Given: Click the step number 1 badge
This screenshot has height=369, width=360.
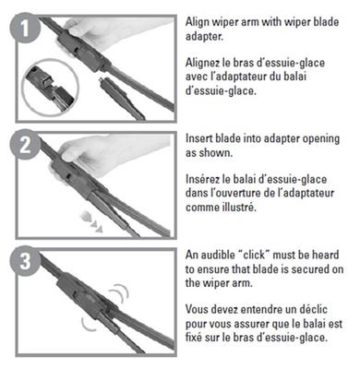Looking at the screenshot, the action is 25,28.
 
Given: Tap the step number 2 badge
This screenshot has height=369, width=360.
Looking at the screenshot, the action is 25,145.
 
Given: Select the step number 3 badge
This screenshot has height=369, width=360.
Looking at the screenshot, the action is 25,261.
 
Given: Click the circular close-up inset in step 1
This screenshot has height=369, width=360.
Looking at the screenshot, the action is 51,87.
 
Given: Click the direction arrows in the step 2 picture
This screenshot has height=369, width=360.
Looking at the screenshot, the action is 91,222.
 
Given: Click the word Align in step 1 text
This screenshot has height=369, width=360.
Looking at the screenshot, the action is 198,23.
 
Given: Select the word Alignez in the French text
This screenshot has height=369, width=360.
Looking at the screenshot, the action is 202,63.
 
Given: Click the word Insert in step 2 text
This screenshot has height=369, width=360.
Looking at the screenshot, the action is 198,138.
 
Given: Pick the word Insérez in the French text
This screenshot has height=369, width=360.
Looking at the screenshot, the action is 201,179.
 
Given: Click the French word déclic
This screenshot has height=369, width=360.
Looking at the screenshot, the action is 314,309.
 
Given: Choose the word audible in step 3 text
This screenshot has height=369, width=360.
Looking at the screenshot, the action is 217,255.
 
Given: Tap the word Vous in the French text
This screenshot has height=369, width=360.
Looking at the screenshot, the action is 197,309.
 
